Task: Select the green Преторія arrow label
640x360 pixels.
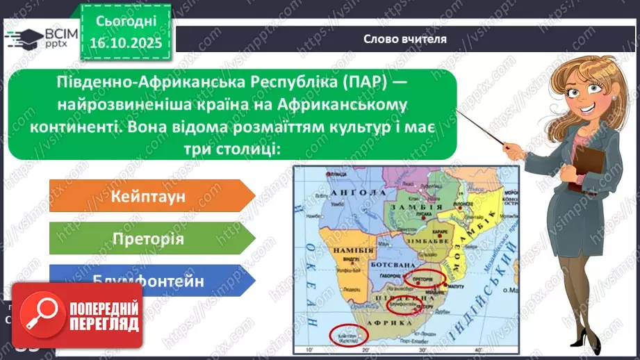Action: pyautogui.click(x=148, y=239)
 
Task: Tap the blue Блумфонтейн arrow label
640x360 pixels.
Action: pyautogui.click(x=148, y=281)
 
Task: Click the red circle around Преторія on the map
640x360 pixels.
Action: pyautogui.click(x=423, y=279)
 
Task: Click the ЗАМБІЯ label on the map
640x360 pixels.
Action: pyautogui.click(x=407, y=208)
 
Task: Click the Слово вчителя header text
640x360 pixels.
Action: pyautogui.click(x=404, y=39)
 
